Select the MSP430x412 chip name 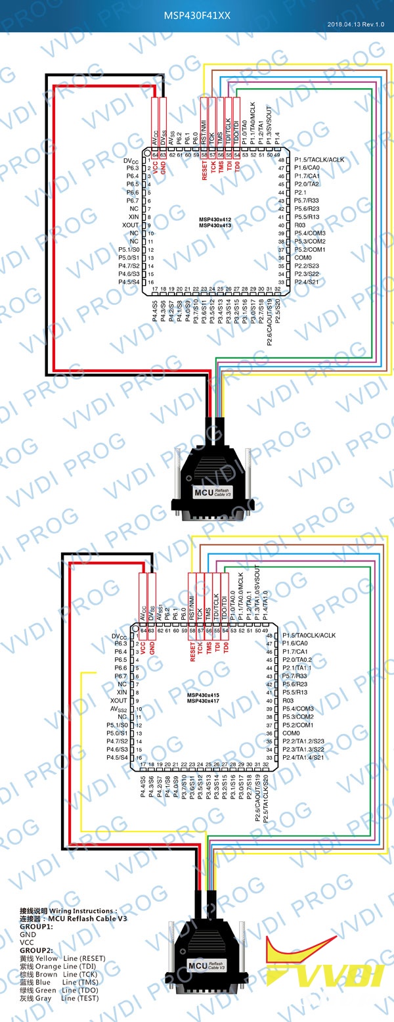pyautogui.click(x=215, y=219)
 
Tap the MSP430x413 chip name pyautogui.click(x=215, y=225)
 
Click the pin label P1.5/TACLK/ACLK pyautogui.click(x=319, y=160)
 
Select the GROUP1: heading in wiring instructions pyautogui.click(x=36, y=926)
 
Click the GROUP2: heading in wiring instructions pyautogui.click(x=36, y=950)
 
